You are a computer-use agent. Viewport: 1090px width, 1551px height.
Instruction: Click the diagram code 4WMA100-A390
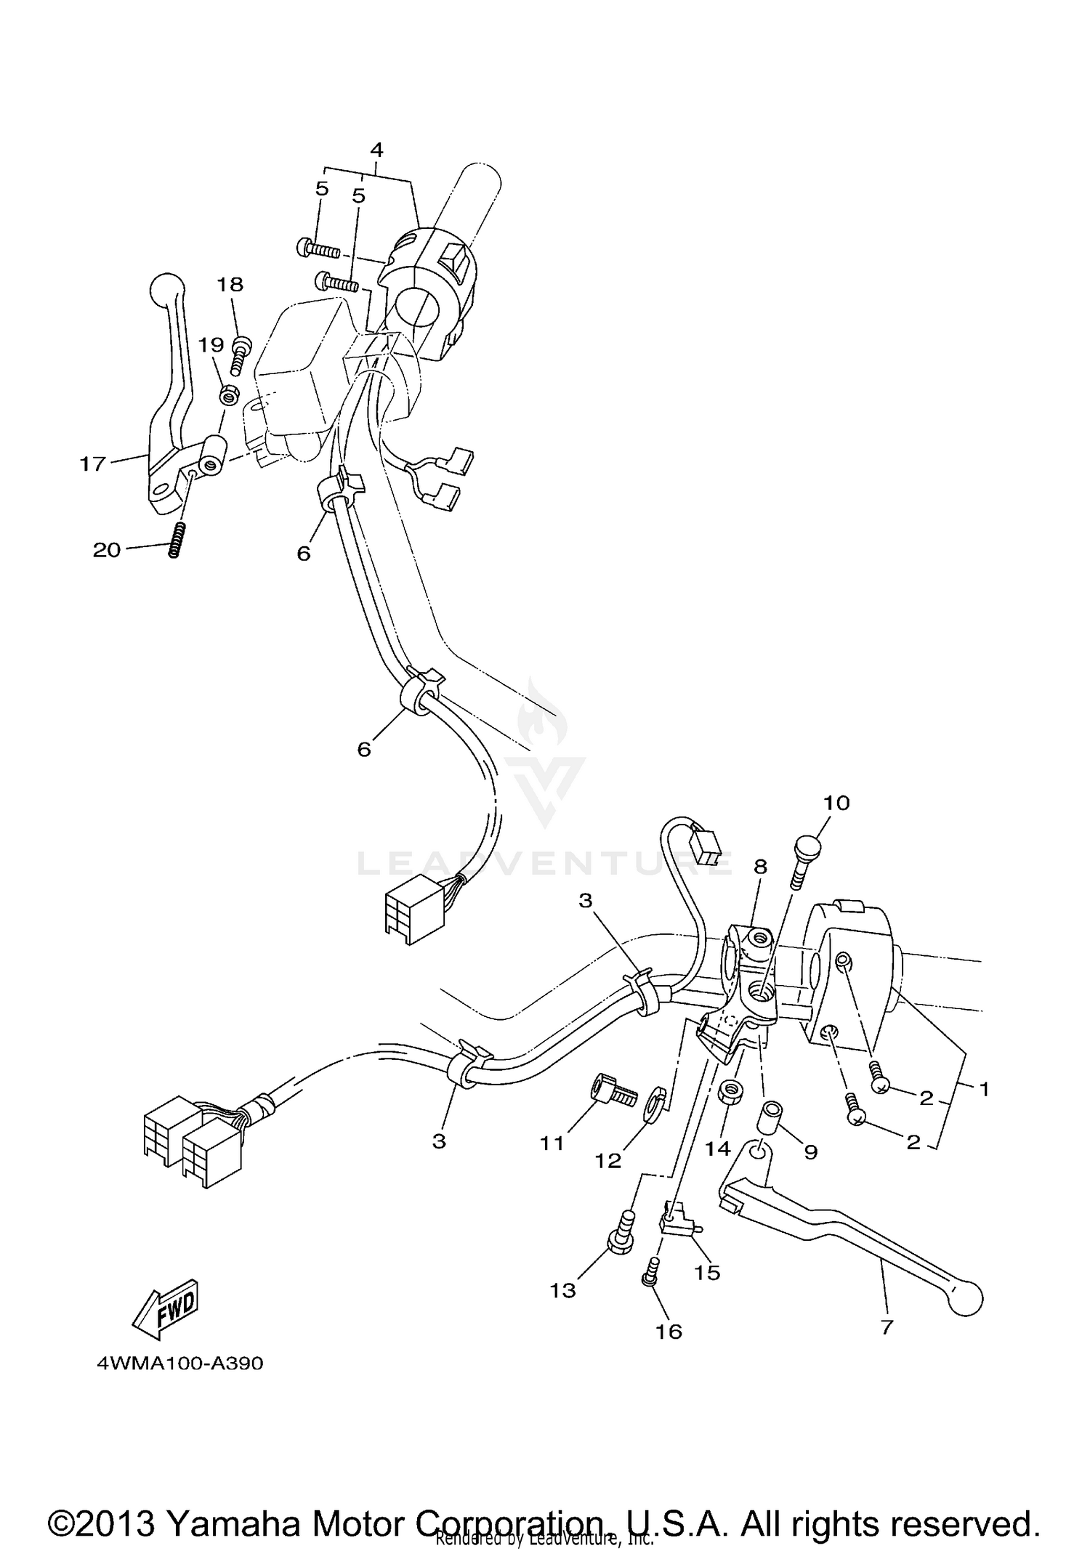tap(179, 1364)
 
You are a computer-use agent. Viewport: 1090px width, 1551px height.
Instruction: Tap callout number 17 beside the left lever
tap(93, 463)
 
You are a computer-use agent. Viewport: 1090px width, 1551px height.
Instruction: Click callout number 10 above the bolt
tap(836, 803)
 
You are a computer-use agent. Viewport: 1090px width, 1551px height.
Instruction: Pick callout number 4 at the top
tap(376, 150)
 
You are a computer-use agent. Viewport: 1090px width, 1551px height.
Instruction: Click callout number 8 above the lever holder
tap(760, 867)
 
